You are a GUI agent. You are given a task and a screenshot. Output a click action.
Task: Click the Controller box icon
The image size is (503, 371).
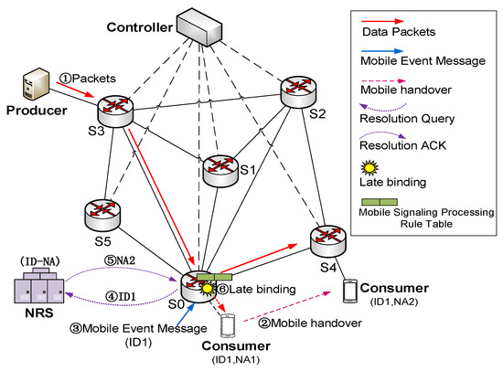199,27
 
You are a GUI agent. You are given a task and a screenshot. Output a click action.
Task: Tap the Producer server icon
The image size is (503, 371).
37,84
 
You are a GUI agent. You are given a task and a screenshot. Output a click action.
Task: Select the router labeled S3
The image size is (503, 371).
115,111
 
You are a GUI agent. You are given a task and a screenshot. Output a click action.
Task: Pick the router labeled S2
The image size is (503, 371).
298,92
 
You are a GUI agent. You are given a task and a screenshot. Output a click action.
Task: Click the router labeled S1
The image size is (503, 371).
220,171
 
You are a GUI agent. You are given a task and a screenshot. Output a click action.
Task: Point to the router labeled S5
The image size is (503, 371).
102,215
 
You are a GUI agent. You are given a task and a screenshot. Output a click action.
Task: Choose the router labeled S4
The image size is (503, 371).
328,241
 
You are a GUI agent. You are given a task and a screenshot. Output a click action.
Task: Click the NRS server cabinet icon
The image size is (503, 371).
39,286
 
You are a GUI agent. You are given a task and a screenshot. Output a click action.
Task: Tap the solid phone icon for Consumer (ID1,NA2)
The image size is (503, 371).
350,291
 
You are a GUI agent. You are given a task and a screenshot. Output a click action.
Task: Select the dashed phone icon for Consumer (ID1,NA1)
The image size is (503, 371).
228,326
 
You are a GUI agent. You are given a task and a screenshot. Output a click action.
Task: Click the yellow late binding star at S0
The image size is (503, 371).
208,289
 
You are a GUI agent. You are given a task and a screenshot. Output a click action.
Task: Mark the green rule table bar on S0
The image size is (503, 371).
214,277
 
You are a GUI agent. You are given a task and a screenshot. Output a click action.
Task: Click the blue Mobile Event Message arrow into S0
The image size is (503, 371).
186,314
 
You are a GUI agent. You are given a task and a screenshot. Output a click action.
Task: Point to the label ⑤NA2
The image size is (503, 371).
119,260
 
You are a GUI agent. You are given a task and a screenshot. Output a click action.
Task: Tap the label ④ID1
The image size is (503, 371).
121,296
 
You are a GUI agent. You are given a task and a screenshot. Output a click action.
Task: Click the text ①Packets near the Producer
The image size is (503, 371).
88,79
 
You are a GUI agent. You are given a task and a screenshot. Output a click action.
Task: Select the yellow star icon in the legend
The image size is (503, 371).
369,168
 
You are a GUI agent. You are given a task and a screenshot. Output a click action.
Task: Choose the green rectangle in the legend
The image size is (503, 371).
380,202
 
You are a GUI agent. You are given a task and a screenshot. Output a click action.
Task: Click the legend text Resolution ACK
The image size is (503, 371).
402,145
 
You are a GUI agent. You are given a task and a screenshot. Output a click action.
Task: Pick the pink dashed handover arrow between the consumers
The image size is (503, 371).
287,306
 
